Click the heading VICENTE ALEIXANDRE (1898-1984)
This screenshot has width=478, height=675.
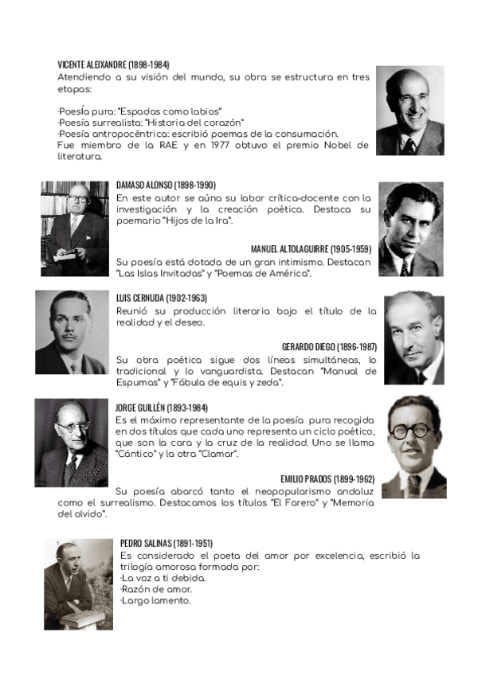pos(113,64)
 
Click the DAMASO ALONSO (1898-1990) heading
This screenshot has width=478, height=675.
pos(166,185)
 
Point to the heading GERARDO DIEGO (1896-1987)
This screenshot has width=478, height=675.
pos(329,347)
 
